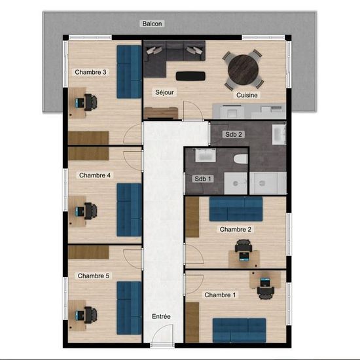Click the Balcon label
(x=152, y=24)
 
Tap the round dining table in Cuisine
(x=243, y=69)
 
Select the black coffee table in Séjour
(x=190, y=76)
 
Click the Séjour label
(x=164, y=92)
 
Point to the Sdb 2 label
(x=234, y=134)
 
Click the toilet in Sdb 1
(x=240, y=159)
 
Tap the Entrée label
(x=161, y=316)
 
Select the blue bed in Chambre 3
(x=129, y=71)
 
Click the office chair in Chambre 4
(x=91, y=211)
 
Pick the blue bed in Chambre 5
(x=129, y=308)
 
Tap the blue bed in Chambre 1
(x=239, y=330)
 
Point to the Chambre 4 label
(x=95, y=175)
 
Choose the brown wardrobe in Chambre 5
(x=88, y=252)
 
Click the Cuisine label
(x=247, y=95)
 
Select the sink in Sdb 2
(x=279, y=135)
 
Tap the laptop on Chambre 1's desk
(x=265, y=282)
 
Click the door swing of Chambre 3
(x=132, y=134)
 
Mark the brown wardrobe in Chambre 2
(x=192, y=217)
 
